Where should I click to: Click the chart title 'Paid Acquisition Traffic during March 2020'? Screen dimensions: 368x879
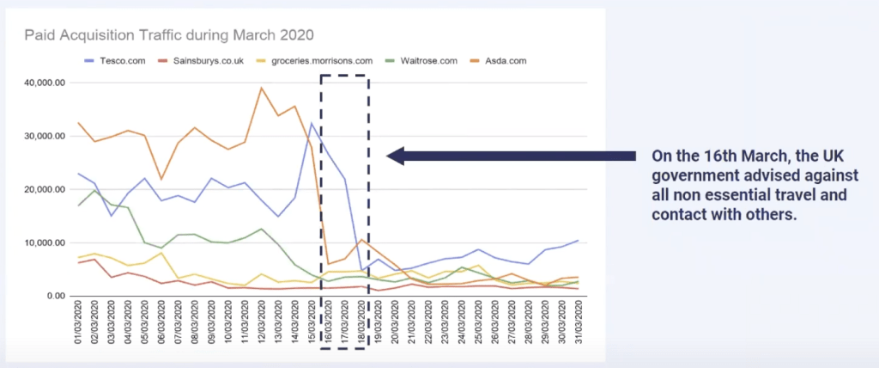click(169, 35)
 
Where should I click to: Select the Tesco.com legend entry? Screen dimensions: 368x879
click(118, 61)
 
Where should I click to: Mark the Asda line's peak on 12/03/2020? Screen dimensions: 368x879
click(261, 88)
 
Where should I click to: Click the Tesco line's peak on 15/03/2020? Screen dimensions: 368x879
click(311, 123)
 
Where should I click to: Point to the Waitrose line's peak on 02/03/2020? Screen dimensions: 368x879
click(96, 190)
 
